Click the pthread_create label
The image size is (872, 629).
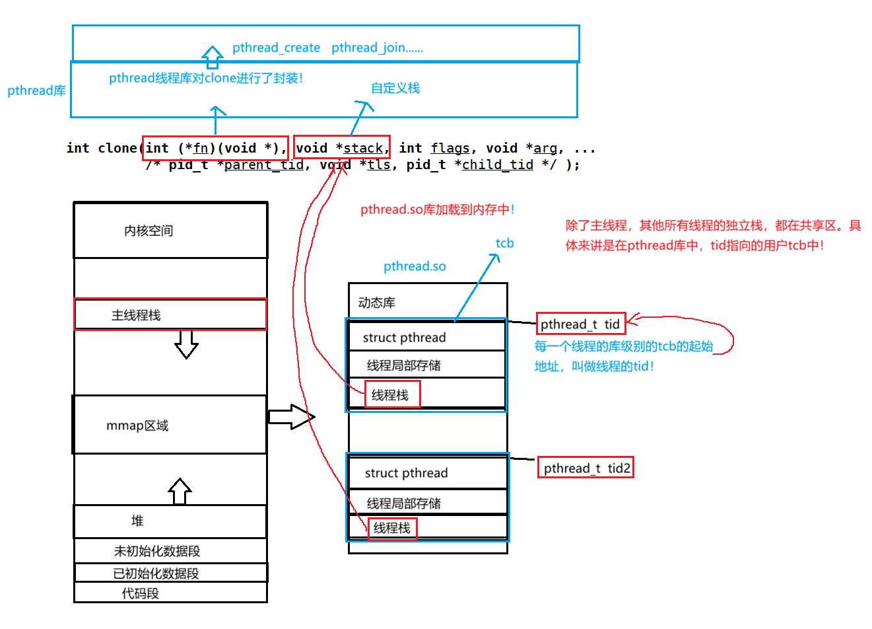click(276, 48)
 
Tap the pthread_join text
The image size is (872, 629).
click(377, 48)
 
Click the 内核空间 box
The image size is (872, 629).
click(170, 230)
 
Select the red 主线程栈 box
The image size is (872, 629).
click(170, 314)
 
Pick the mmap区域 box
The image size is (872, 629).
click(169, 425)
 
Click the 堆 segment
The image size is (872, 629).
click(170, 521)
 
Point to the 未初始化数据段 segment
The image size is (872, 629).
click(170, 550)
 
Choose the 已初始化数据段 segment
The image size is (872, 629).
click(170, 573)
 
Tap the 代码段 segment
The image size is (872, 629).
click(170, 593)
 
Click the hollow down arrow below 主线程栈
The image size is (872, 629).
click(186, 344)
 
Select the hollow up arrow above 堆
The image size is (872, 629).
click(180, 492)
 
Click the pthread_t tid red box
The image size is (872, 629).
click(580, 324)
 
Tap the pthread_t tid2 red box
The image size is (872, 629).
click(586, 468)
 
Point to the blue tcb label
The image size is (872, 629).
click(505, 243)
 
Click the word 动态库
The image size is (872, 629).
click(376, 303)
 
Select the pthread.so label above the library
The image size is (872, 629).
click(415, 266)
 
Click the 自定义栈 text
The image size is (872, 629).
click(395, 88)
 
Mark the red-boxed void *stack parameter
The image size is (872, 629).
click(341, 148)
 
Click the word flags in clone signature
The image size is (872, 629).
click(450, 148)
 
